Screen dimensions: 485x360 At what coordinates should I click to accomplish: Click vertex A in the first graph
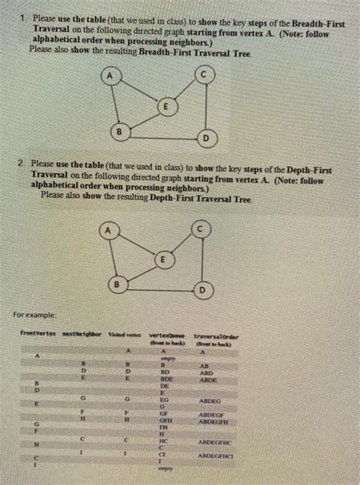pos(112,76)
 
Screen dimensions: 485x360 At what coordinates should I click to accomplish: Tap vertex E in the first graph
pos(163,107)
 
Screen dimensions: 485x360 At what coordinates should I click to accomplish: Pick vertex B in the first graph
pos(118,133)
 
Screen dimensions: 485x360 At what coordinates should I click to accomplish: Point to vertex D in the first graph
pos(205,138)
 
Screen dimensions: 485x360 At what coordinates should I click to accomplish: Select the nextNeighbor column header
pos(78,334)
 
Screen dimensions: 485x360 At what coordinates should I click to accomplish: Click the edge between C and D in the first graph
pos(204,106)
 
